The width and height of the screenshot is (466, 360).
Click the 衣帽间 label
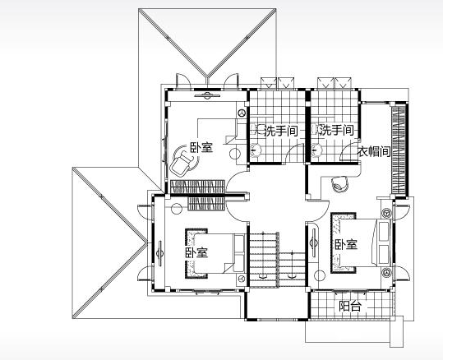374,151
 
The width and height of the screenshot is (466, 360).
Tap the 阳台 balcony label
350,306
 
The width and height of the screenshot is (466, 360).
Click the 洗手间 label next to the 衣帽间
337,130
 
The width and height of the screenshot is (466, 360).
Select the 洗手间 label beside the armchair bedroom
281,131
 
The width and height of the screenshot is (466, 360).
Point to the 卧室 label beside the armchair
202,147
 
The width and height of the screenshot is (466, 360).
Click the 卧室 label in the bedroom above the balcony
346,244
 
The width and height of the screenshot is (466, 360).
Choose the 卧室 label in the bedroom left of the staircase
196,252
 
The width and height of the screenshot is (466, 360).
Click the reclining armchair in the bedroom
182,162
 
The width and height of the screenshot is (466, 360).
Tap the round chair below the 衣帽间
339,184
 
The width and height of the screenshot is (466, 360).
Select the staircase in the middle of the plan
277,259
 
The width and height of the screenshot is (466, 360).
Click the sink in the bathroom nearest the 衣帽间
316,150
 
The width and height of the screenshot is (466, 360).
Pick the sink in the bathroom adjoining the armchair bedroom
256,150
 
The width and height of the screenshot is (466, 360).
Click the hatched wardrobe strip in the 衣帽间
399,151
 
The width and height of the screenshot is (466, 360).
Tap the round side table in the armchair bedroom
235,154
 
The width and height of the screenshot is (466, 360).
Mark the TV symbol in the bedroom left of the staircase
160,253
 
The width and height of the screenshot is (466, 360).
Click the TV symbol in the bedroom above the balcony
313,242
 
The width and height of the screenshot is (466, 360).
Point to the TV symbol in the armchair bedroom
207,95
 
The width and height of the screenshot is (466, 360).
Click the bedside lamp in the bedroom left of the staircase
242,279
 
